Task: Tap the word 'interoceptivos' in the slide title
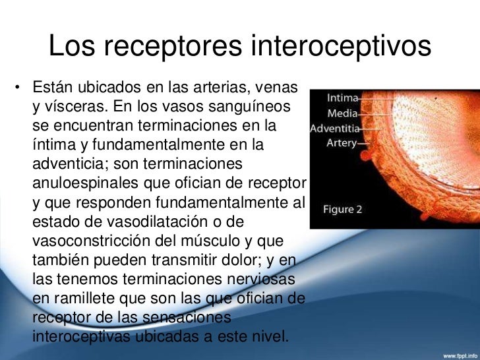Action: pyautogui.click(x=342, y=46)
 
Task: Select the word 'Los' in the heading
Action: pyautogui.click(x=71, y=46)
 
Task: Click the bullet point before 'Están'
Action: pyautogui.click(x=20, y=88)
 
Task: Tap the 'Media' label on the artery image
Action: pyautogui.click(x=344, y=113)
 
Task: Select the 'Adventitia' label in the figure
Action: pyautogui.click(x=334, y=128)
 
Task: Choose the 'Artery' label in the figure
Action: pyautogui.click(x=342, y=142)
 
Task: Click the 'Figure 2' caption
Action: pyautogui.click(x=342, y=210)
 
